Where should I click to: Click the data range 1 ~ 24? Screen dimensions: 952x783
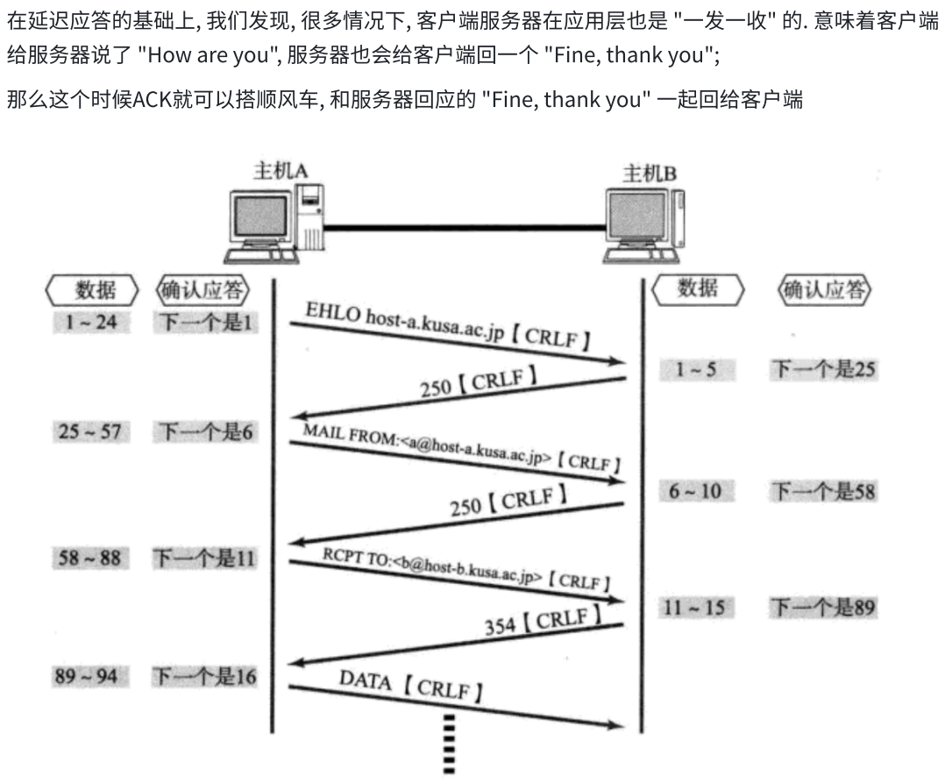pyautogui.click(x=90, y=323)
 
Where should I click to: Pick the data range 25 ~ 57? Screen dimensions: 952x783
pyautogui.click(x=90, y=431)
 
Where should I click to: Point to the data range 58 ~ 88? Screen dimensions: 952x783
pyautogui.click(x=90, y=557)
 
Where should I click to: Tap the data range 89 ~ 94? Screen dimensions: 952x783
pyautogui.click(x=90, y=676)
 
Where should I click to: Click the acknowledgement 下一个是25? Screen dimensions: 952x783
pyautogui.click(x=822, y=370)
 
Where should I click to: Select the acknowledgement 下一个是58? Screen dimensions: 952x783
pyautogui.click(x=822, y=491)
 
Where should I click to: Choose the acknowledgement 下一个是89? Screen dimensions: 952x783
pyautogui.click(x=822, y=607)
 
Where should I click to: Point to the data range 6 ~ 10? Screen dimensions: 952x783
pyautogui.click(x=696, y=491)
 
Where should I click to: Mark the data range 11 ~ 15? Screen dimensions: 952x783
pyautogui.click(x=696, y=607)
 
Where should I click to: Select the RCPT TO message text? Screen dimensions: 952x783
pyautogui.click(x=465, y=567)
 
